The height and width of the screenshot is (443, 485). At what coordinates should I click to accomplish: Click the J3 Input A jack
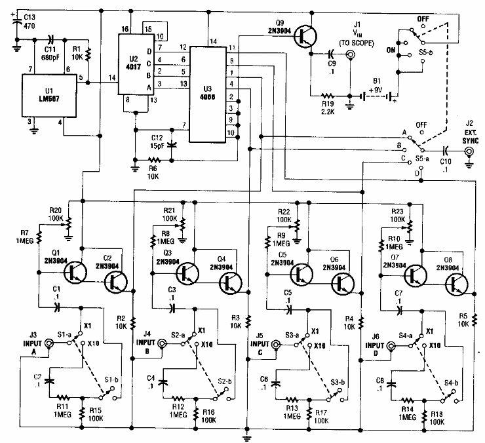tap(50, 341)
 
